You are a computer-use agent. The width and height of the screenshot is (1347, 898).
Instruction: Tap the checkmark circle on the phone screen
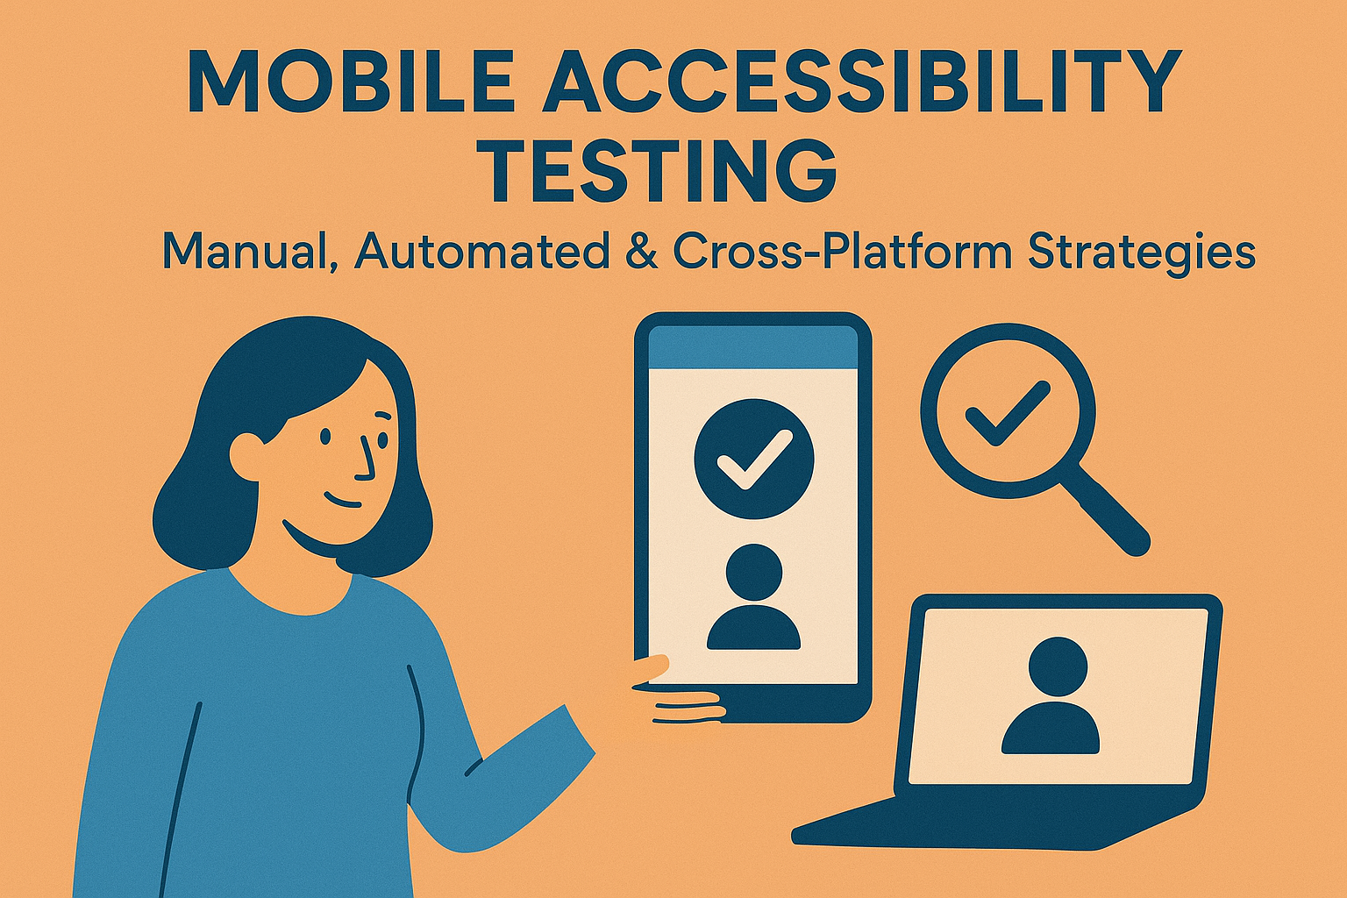pos(753,458)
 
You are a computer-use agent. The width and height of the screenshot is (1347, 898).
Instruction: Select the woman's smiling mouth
pos(342,502)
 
